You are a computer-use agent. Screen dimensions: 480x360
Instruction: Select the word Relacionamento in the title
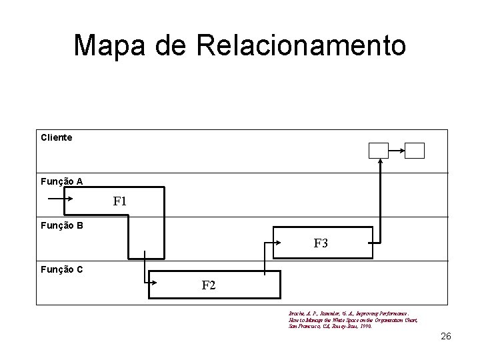(x=300, y=45)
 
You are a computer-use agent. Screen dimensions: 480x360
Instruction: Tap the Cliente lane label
(x=56, y=137)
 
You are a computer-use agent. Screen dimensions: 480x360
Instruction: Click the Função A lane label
(x=61, y=181)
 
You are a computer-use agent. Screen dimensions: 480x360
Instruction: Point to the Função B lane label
(x=61, y=225)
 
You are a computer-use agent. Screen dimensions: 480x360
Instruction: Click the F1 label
(x=120, y=201)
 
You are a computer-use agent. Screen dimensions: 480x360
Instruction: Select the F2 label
(x=209, y=285)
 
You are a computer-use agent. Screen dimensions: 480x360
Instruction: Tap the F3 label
(x=321, y=243)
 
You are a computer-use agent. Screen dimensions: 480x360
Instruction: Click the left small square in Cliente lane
(x=379, y=151)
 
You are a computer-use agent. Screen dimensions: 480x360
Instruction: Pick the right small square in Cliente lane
(x=415, y=151)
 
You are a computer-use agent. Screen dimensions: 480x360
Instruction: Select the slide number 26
(x=446, y=336)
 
